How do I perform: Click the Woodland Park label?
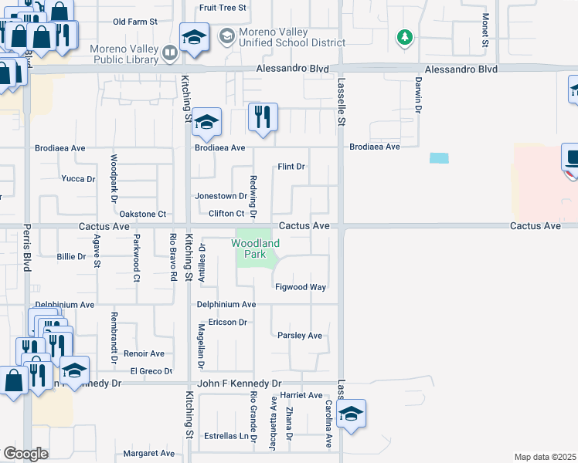coord(256,248)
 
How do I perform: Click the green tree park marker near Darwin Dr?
coord(403,37)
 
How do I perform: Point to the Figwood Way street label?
coord(301,287)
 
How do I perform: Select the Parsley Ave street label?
coord(300,336)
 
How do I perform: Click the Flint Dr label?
coord(291,167)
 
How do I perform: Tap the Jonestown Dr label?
coord(220,196)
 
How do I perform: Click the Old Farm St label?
coord(134,22)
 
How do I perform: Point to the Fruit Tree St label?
coord(223,8)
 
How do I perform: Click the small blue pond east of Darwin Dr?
coord(438,158)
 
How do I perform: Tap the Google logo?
coord(25,454)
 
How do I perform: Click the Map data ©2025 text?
coord(545,457)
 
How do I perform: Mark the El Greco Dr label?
coord(151,371)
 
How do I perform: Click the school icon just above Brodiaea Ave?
coord(206,121)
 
